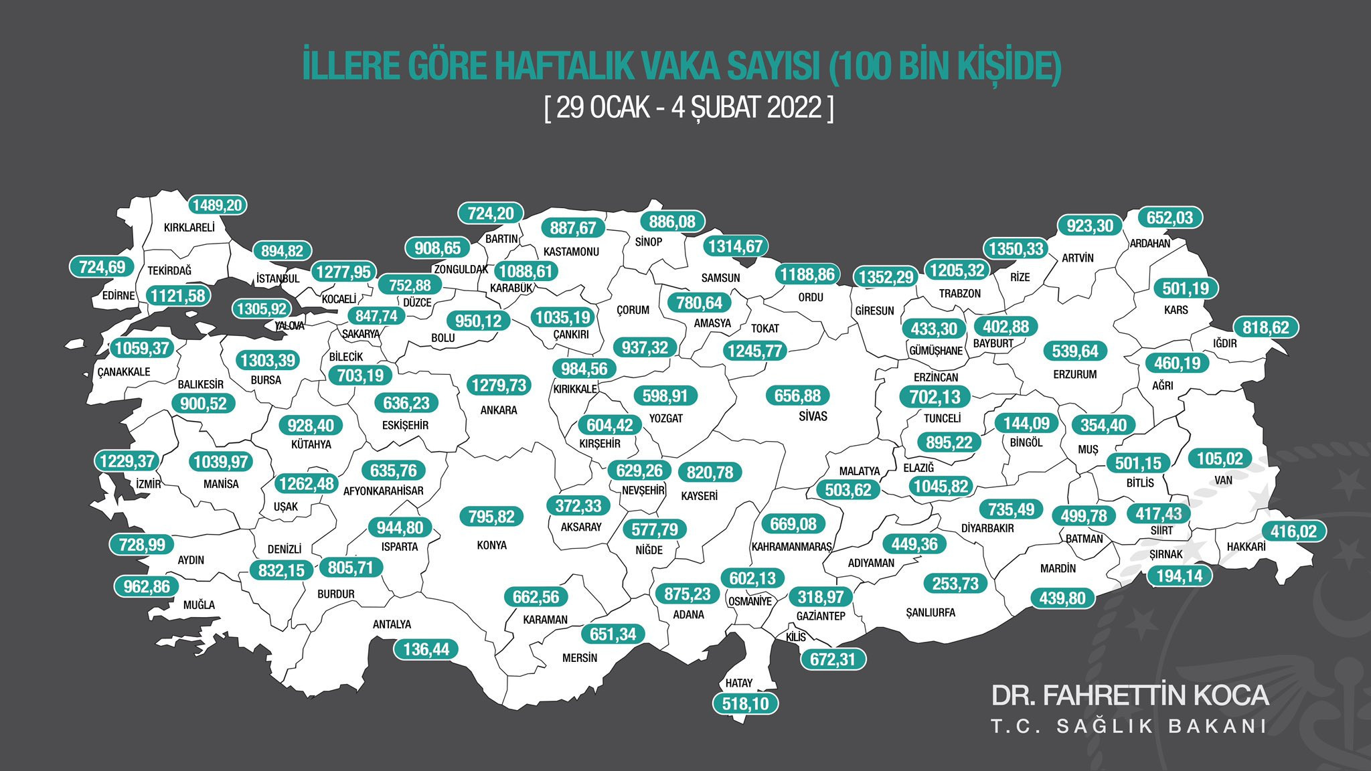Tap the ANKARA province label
coord(499,410)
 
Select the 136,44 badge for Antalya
coord(426,649)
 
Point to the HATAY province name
coord(739,683)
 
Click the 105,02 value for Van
coord(1220,459)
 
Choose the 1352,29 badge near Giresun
coord(886,277)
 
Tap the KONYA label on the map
coord(491,545)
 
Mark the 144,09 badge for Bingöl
coord(1026,424)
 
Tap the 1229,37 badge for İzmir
coord(127,461)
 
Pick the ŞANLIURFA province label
coord(931,612)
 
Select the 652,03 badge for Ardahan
coord(1170,218)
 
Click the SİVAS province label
coord(813,416)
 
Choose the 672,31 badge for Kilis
coord(833,659)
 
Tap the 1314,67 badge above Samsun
coord(735,246)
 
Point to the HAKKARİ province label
coord(1246,547)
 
